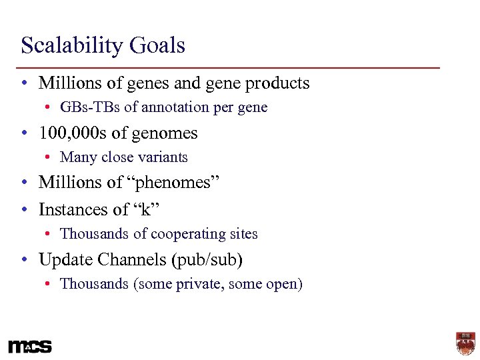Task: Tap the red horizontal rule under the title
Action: [230, 68]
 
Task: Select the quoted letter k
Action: [147, 209]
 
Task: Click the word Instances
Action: [74, 209]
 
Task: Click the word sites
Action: [244, 234]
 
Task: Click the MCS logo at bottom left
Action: [29, 347]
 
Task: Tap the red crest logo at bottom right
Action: [465, 343]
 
